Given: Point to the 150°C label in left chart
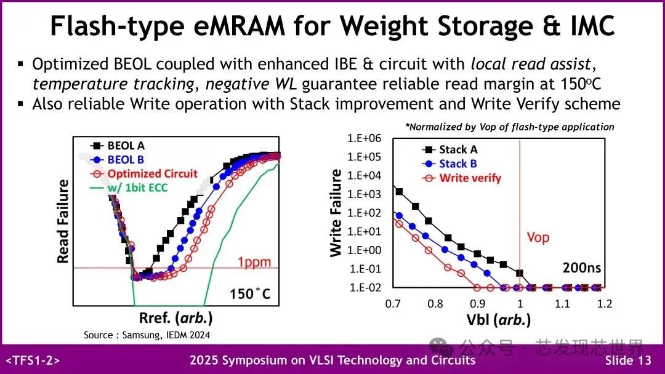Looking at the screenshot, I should click(x=250, y=293).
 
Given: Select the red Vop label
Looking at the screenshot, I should click(x=538, y=237).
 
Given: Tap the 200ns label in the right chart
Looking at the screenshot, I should click(x=582, y=268).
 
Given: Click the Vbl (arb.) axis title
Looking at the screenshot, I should click(x=499, y=320).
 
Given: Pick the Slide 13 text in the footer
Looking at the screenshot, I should click(x=627, y=360).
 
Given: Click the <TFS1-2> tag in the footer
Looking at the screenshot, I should click(x=33, y=360).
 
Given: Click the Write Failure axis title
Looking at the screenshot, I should click(x=336, y=213).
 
